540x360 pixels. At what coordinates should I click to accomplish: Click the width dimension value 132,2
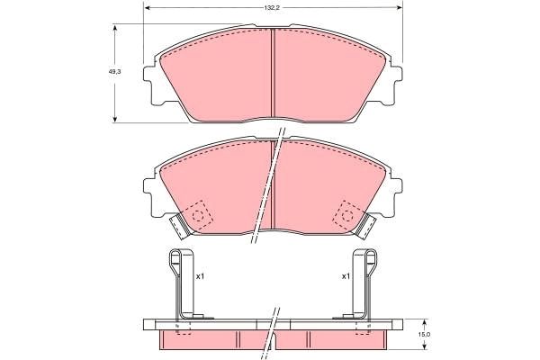click(270, 7)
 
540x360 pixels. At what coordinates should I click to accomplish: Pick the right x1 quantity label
click(346, 276)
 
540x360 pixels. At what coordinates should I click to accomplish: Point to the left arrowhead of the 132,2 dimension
click(148, 7)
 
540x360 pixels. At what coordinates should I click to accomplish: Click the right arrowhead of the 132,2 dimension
click(398, 7)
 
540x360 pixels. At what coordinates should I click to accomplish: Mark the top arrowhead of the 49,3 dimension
click(115, 28)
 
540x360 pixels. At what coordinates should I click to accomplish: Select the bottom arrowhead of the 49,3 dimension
click(115, 119)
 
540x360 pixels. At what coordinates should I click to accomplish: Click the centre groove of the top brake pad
click(273, 76)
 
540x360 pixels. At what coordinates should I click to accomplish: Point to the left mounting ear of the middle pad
click(149, 190)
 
